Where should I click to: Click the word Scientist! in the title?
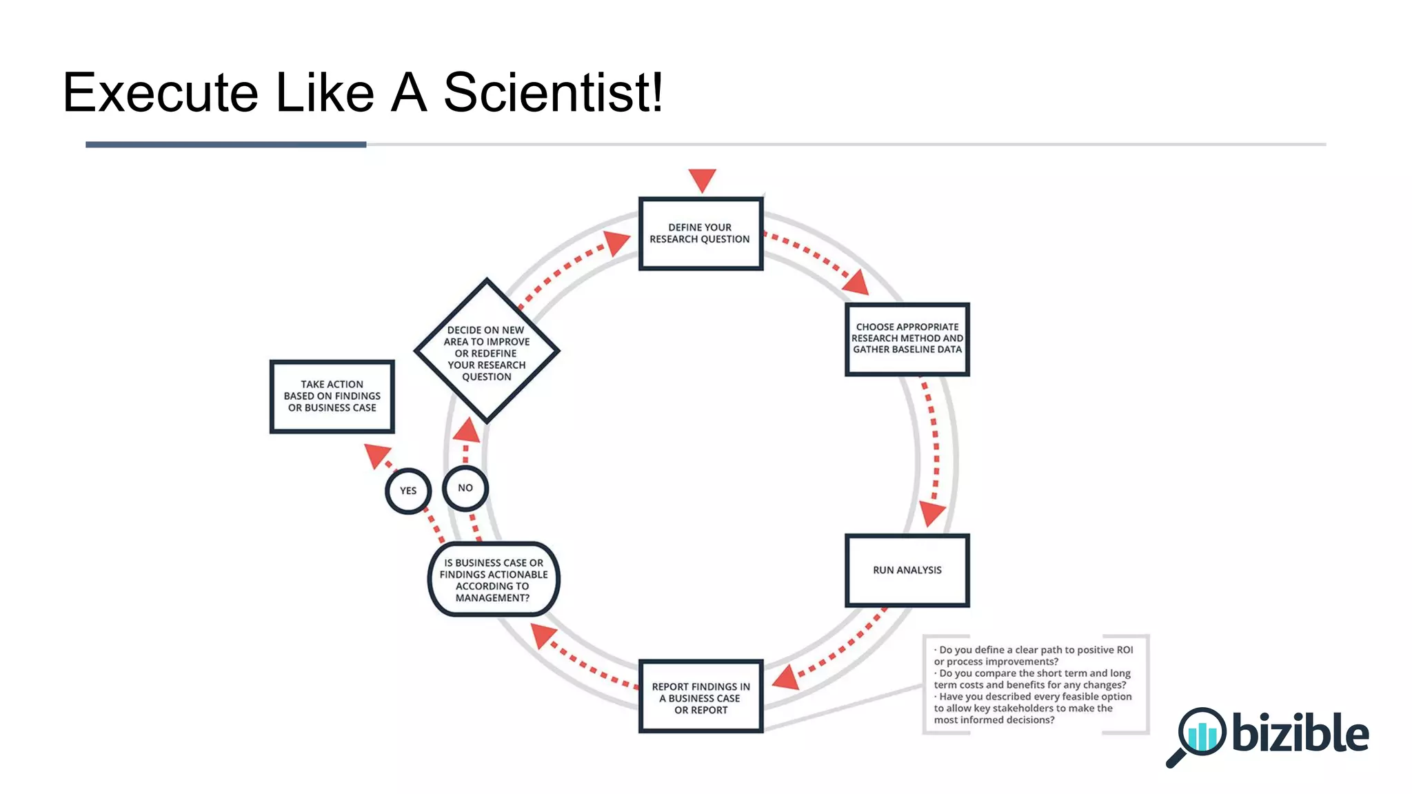553,92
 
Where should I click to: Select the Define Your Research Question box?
700,234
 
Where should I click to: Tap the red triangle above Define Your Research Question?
702,180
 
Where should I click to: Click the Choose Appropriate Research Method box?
907,339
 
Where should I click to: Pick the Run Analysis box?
907,570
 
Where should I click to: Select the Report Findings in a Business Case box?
700,697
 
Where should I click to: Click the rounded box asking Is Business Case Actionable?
494,580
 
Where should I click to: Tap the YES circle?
408,491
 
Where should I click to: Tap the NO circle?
465,488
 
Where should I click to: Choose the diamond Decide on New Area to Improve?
487,352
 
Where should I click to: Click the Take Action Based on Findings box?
332,396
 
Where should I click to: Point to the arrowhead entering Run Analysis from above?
931,513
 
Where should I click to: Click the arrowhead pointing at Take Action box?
376,454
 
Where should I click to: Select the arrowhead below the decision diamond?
467,431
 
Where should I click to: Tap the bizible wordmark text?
1300,733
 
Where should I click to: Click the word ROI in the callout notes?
1124,650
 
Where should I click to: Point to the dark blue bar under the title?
225,145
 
